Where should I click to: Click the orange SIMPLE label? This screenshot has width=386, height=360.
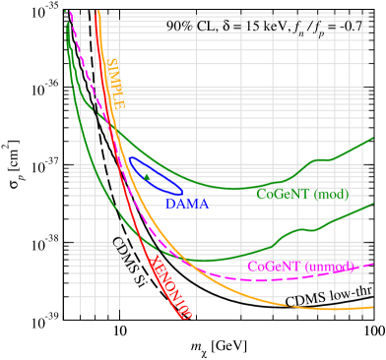tap(115, 84)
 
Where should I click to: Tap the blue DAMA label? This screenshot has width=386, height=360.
tap(186, 204)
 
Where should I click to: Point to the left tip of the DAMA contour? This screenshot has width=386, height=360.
tap(128, 160)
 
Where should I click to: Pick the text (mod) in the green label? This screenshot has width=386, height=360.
tap(331, 195)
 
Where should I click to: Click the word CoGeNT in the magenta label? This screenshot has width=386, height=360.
tap(273, 267)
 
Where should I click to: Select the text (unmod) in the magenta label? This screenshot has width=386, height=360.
tap(329, 267)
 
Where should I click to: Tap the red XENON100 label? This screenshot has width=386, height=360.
tap(168, 286)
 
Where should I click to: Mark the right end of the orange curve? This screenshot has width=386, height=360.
tap(372, 308)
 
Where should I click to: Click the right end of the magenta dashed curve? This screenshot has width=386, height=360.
tap(372, 264)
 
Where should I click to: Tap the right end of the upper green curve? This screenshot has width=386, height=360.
tap(372, 139)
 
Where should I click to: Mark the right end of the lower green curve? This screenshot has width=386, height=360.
tap(372, 205)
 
